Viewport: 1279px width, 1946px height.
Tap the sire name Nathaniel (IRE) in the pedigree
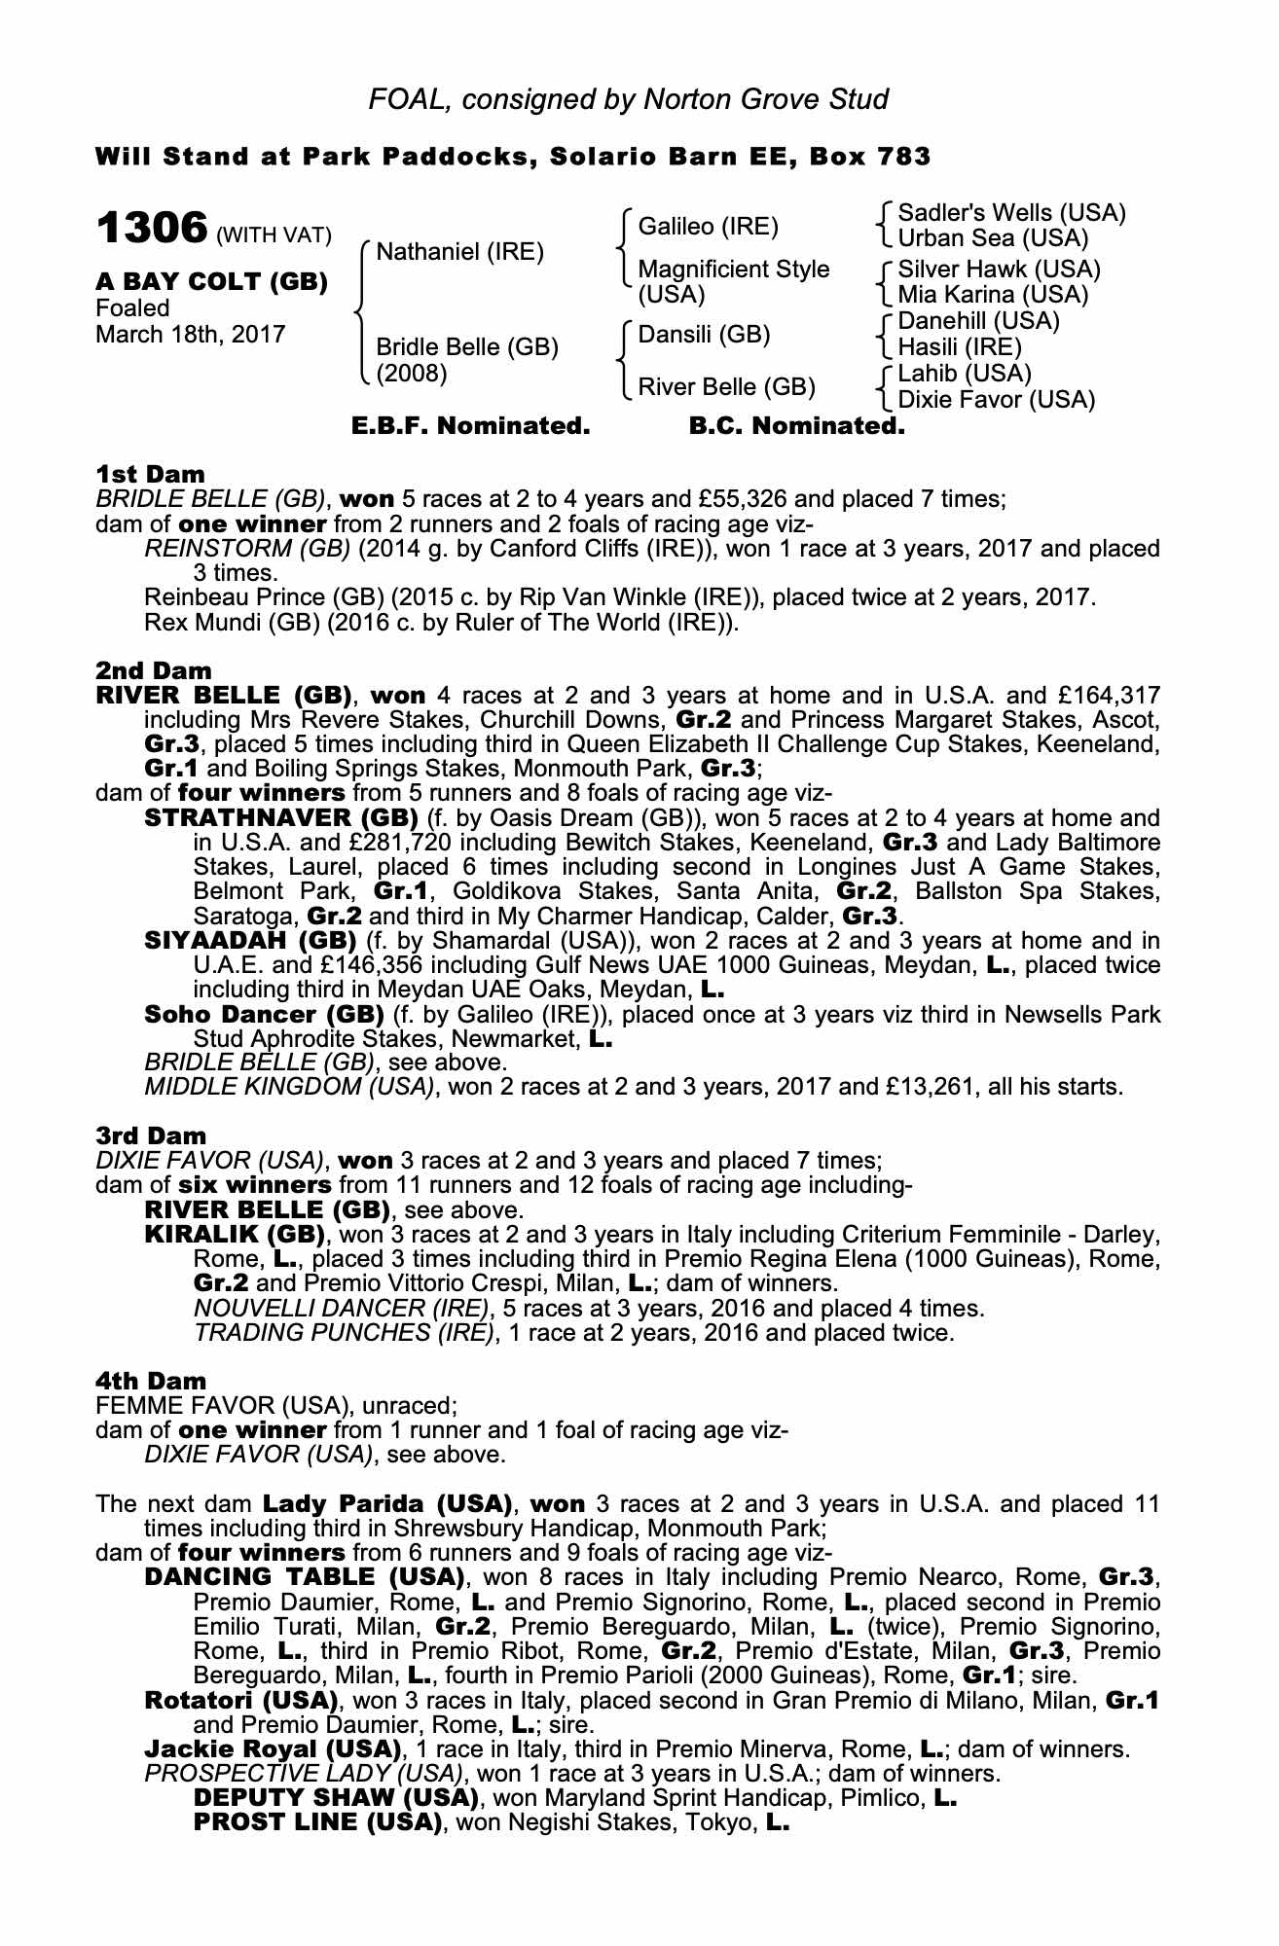click(x=459, y=252)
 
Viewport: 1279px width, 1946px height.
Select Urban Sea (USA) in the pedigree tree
click(x=993, y=238)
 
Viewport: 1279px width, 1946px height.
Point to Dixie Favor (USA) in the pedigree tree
click(x=996, y=399)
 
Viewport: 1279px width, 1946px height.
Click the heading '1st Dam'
click(x=150, y=474)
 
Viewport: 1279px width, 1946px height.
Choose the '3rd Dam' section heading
click(x=151, y=1135)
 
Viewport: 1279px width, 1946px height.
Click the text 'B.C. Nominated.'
click(x=796, y=426)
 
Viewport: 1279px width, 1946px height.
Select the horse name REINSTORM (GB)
click(x=247, y=548)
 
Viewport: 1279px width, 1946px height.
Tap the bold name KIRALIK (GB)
click(x=234, y=1235)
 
